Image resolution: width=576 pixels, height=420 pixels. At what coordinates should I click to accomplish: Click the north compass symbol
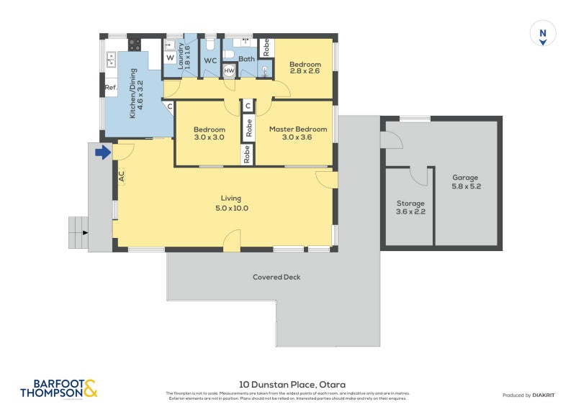544,34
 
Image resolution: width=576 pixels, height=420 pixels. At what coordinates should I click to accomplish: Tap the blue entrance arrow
103,152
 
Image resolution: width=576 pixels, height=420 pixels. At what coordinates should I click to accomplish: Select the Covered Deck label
276,277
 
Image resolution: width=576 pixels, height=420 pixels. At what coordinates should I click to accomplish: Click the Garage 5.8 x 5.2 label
464,183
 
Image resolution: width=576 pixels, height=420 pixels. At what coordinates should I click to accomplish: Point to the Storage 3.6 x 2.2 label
410,208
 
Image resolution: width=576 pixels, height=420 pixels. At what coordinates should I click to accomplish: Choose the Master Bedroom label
298,133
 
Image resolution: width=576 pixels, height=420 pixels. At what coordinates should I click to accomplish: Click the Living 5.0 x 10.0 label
231,203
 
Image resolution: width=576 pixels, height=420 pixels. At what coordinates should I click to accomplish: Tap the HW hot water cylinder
229,70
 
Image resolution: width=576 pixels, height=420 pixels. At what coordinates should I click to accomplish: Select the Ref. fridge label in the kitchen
110,88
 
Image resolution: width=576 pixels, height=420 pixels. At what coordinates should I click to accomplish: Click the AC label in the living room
121,175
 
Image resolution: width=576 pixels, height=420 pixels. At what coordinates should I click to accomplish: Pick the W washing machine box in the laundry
170,58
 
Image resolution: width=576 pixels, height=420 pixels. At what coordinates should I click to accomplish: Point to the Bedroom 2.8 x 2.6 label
305,68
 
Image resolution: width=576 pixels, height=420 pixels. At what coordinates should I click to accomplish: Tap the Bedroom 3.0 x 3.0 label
209,133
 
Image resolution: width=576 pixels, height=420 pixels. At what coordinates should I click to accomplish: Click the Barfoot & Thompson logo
58,389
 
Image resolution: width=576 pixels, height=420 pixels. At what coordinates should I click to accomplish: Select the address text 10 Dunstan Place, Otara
287,384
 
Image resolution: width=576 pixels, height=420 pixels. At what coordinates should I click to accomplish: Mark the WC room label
210,61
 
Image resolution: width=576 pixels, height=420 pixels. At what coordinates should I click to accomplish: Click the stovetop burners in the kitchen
135,45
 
